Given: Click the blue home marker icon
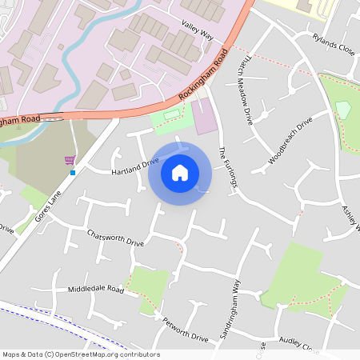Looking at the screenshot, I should coord(180,172).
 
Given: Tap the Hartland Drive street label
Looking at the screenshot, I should coord(135,167).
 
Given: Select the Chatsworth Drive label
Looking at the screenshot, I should coord(117,238).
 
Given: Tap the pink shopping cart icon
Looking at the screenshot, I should coord(70,160).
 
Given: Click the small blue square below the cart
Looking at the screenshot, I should coord(72,172).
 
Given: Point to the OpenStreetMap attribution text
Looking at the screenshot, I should coord(81,354).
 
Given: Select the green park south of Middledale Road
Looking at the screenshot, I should coord(148,285).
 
